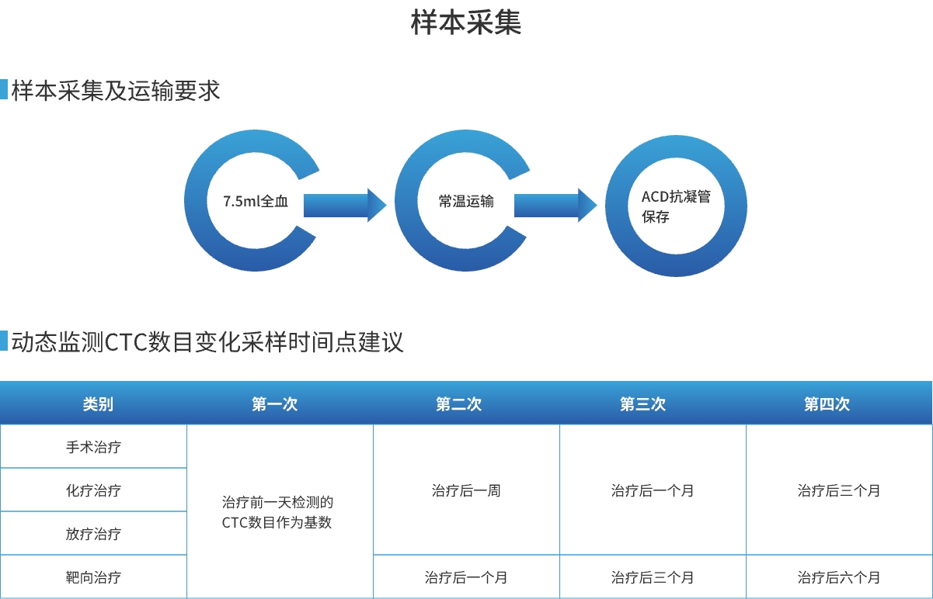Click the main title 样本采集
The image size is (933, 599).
[x=466, y=23]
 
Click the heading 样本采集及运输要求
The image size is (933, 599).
[x=116, y=91]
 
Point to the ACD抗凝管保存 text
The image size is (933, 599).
[x=676, y=206]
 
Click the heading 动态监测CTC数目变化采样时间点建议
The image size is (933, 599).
[x=207, y=342]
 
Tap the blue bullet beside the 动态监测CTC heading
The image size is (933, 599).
[x=4, y=341]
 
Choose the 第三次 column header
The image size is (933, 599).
[x=642, y=404]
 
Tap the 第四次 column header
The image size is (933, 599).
[x=827, y=404]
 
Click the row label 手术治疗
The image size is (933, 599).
[x=93, y=447]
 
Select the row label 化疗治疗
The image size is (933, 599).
[x=93, y=490]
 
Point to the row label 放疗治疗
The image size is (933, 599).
[x=93, y=534]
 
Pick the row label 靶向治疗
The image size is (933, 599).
[x=93, y=577]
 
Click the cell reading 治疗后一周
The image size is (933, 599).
[x=466, y=490]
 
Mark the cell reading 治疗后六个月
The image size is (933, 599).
[x=839, y=577]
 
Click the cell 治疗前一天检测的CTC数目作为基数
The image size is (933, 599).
[x=277, y=513]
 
